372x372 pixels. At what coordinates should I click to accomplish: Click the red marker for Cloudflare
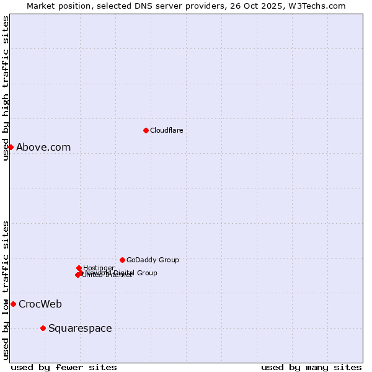pos(146,130)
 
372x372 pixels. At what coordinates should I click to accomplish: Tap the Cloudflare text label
pos(166,130)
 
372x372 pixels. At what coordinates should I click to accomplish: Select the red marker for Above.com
pos(11,147)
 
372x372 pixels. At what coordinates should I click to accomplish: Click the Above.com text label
pos(43,147)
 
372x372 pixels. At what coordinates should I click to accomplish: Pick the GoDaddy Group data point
pos(122,260)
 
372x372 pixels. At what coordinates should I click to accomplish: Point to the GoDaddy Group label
pos(153,260)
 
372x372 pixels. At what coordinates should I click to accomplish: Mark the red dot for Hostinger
pos(79,268)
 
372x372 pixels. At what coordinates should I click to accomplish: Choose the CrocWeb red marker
pos(13,304)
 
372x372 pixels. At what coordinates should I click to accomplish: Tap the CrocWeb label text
pos(40,304)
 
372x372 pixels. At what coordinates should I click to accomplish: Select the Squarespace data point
pos(43,328)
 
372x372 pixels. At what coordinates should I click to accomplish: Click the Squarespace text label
pos(80,328)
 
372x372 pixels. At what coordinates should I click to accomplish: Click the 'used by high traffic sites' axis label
pos(6,88)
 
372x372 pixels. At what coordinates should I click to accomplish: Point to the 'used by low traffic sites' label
pos(6,290)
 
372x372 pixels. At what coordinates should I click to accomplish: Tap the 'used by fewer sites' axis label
pos(64,367)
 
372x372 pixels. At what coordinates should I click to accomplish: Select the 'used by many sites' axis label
pos(311,367)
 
